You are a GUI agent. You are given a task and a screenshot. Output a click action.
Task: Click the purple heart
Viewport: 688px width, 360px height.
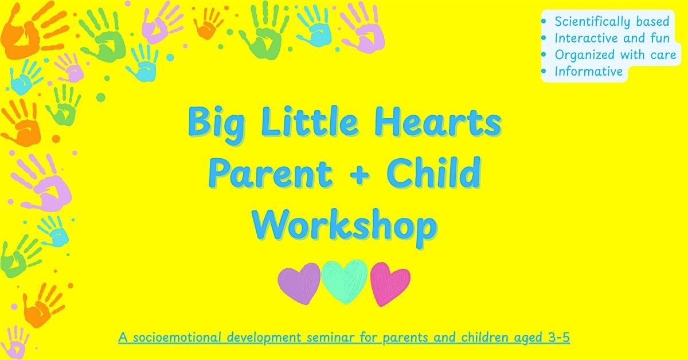click(299, 283)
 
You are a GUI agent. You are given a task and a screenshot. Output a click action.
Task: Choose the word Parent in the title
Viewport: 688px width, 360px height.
click(270, 174)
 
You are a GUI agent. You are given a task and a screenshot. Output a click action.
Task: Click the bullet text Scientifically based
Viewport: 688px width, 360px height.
click(612, 22)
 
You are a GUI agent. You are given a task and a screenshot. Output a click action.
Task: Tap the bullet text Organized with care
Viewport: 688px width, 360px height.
click(615, 55)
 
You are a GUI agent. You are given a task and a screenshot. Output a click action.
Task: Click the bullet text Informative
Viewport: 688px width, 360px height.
click(588, 72)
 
